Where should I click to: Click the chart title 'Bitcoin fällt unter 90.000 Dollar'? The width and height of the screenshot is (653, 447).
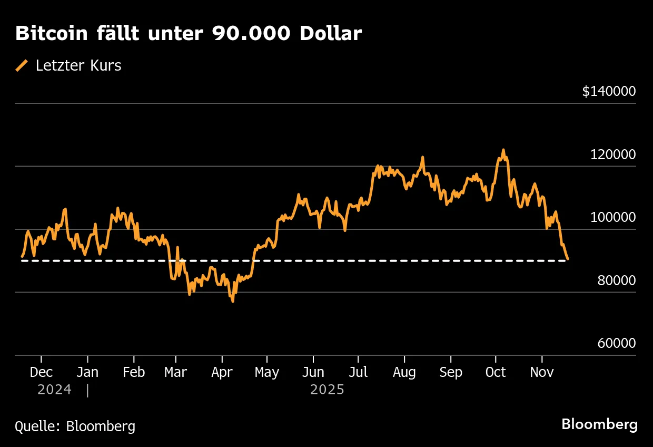pos(188,34)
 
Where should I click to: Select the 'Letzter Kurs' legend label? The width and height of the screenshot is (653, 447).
pos(78,66)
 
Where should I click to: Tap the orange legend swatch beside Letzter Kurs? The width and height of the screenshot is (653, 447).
pos(22,66)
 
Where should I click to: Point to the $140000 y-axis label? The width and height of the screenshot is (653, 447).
pos(609,92)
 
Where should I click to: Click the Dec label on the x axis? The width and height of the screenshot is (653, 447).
pos(41,372)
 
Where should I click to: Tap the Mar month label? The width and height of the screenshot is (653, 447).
pos(175,372)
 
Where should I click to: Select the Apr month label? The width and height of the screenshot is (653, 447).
pos(222,372)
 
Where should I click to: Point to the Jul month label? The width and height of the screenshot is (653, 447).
pos(358,372)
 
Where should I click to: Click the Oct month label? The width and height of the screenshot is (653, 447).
pos(496,372)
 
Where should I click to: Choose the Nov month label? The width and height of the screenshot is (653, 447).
pos(542,372)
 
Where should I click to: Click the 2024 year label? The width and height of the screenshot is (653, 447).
pos(54,390)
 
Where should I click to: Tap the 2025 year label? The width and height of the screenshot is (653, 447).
pos(327,390)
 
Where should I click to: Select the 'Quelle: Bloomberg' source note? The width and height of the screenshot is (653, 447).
pos(75,426)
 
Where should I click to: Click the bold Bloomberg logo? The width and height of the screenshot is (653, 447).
pos(599,425)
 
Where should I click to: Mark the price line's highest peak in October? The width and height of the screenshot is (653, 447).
pos(503,150)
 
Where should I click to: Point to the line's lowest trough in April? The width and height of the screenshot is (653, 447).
pos(232,301)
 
